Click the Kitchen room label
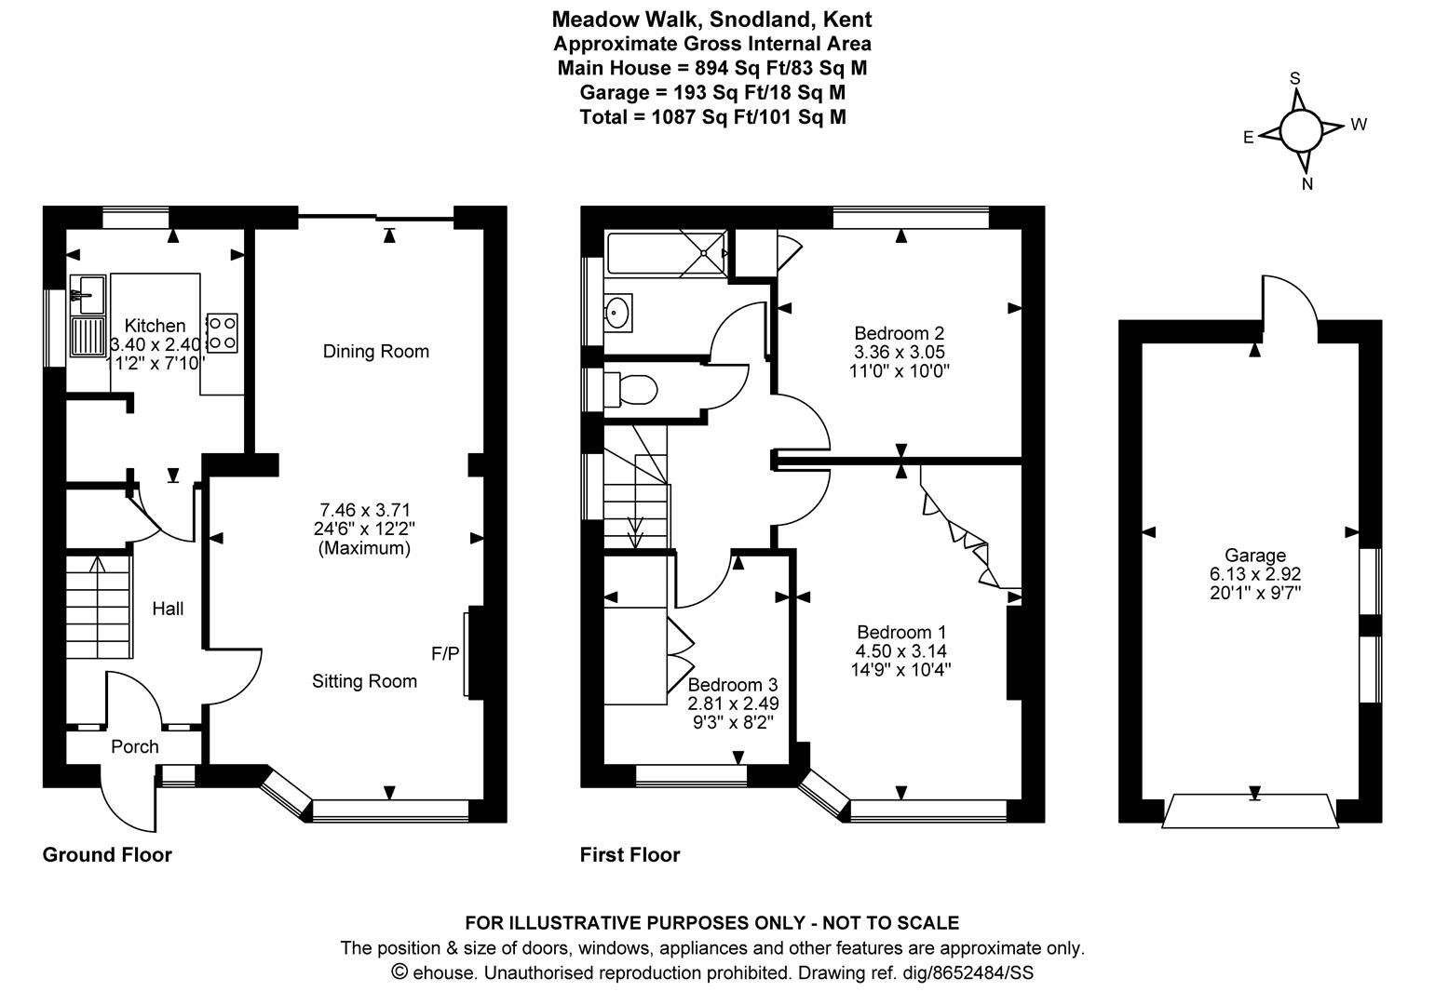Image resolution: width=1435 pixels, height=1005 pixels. click(x=155, y=325)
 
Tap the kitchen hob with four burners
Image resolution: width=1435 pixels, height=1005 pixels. click(x=223, y=333)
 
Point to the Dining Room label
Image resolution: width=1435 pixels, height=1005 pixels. click(x=376, y=352)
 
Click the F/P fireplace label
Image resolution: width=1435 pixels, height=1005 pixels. click(x=445, y=653)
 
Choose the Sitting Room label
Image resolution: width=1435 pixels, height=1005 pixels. click(x=364, y=681)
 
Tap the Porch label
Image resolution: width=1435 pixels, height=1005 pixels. click(x=134, y=746)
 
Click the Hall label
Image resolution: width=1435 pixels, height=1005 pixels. click(x=168, y=609)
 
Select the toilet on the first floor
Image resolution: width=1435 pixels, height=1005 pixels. click(x=630, y=389)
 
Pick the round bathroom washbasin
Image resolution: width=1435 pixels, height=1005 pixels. click(x=617, y=313)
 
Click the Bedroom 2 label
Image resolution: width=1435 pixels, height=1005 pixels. click(x=900, y=333)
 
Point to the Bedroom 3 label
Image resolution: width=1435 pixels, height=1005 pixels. click(x=733, y=684)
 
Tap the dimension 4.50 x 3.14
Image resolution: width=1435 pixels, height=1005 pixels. click(x=901, y=651)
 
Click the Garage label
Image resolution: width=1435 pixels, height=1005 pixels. click(x=1255, y=556)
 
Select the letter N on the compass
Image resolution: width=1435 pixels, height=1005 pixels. click(x=1307, y=184)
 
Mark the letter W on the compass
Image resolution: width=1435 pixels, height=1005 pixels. click(x=1360, y=125)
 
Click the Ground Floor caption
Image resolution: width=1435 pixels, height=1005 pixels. click(x=107, y=855)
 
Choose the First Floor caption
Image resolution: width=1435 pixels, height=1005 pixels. click(x=630, y=855)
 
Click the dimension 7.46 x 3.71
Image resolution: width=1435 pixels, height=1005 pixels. click(x=365, y=510)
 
